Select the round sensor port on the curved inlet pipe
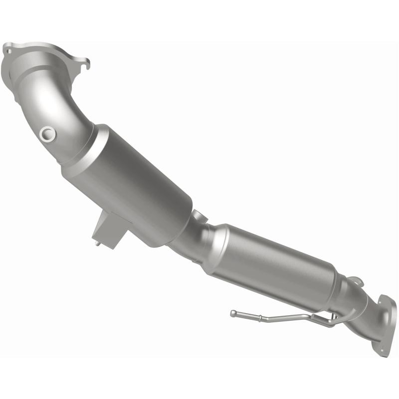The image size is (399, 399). point(47,133)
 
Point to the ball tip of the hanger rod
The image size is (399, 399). point(233,313)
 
